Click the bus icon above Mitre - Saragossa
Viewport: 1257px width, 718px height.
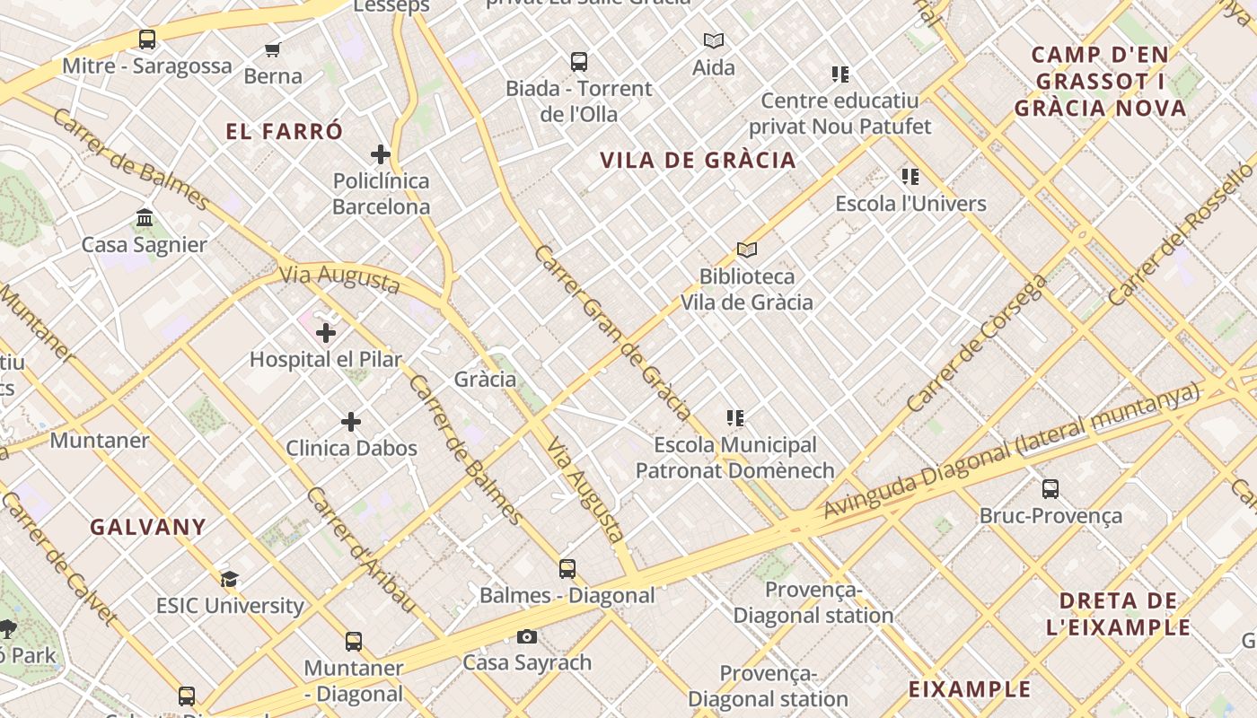click(147, 39)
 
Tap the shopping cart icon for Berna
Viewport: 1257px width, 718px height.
click(273, 49)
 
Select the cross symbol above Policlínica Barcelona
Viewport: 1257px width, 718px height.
click(381, 154)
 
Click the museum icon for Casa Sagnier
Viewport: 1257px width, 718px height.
click(145, 218)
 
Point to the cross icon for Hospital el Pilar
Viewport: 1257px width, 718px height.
click(326, 333)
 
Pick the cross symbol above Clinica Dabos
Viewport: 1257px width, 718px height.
click(351, 422)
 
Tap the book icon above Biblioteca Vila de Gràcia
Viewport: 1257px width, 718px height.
click(747, 250)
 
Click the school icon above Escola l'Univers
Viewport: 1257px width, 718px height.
click(910, 177)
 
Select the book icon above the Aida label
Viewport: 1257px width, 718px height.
click(714, 40)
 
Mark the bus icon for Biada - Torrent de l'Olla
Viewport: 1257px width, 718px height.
click(579, 62)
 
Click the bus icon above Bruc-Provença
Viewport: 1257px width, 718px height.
click(1050, 489)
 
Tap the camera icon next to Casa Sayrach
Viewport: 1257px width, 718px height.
click(527, 637)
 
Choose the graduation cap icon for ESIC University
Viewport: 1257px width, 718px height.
click(230, 579)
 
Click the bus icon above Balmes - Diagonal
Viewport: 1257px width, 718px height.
click(567, 568)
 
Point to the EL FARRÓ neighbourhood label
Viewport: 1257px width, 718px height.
click(284, 132)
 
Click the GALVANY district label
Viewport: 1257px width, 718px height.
click(148, 527)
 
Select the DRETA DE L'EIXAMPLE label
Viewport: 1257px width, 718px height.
click(1118, 614)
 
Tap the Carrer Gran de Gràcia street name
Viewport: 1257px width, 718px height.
click(612, 332)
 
